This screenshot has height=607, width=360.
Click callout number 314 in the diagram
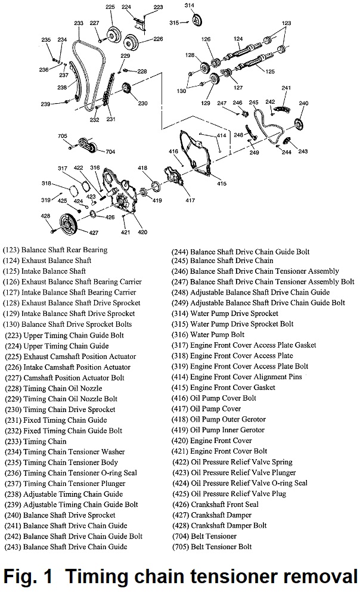tap(190, 5)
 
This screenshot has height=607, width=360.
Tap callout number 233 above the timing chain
tap(79, 23)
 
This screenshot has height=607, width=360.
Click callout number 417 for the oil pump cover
tap(190, 200)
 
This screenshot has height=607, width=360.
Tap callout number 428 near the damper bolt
tap(45, 215)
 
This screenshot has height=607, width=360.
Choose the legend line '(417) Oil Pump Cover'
tap(206, 409)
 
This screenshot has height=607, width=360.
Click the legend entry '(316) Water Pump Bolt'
tap(208, 335)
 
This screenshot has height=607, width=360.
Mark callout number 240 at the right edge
tap(303, 103)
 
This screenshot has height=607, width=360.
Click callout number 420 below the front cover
tap(143, 231)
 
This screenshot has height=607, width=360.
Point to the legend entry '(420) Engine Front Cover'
tap(212, 441)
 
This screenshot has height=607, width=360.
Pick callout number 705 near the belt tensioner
tap(63, 136)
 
